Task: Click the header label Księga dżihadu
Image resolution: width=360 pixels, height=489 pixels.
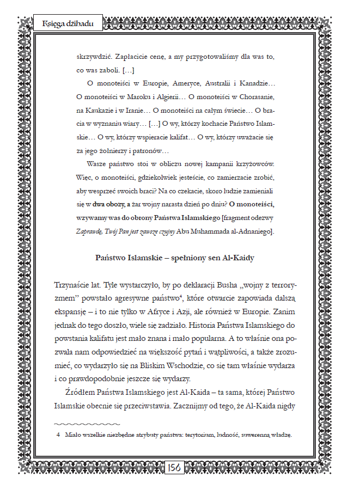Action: pyautogui.click(x=68, y=24)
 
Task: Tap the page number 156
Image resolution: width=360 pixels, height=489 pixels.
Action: pyautogui.click(x=174, y=467)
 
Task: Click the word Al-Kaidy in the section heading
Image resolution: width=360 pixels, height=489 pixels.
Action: pyautogui.click(x=236, y=258)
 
